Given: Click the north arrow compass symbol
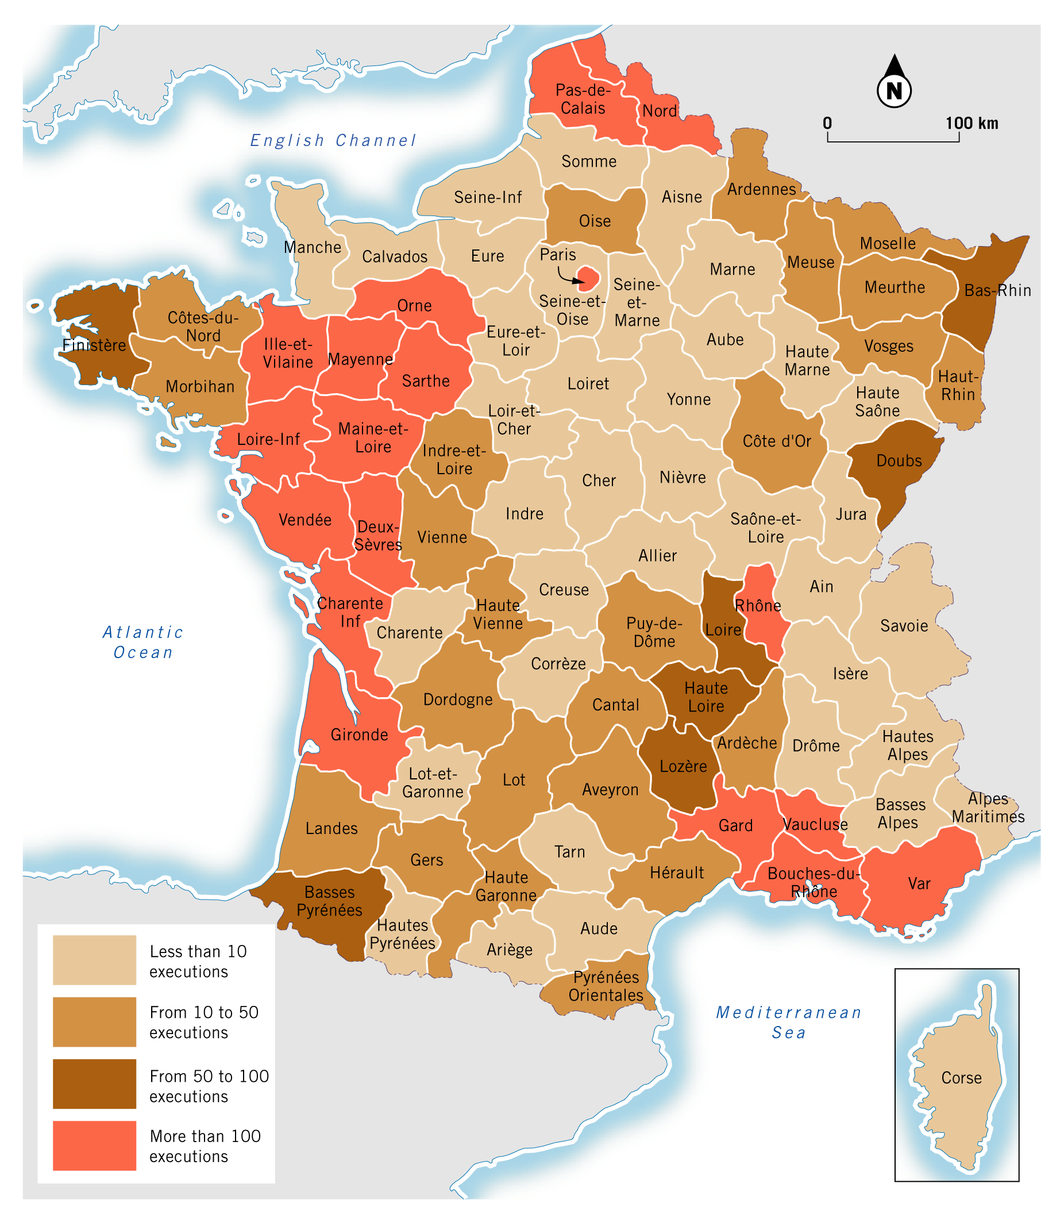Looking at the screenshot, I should [x=894, y=83].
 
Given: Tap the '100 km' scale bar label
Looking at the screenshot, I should [x=972, y=124].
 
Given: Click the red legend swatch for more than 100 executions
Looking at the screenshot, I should [x=94, y=1146].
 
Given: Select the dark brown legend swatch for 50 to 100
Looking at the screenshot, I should [x=94, y=1083].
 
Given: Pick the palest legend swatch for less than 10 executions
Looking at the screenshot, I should [x=94, y=959].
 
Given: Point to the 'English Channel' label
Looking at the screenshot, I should [x=333, y=141].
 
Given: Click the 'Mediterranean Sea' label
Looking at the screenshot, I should [x=788, y=1022].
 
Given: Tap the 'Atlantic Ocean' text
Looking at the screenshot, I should [x=143, y=641].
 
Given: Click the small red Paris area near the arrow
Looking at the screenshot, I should [x=589, y=278].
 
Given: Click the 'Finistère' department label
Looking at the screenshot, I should [x=94, y=345].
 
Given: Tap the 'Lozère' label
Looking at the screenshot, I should [x=684, y=766].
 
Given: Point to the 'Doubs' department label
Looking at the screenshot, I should [x=899, y=461].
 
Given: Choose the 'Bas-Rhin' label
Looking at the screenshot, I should [x=997, y=290].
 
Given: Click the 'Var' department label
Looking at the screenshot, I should [x=919, y=883].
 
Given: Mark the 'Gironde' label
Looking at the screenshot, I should [x=359, y=735].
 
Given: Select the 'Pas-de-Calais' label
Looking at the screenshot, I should [x=583, y=99].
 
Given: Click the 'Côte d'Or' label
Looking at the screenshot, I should [x=777, y=441].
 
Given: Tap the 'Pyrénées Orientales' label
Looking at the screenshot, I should [x=606, y=986].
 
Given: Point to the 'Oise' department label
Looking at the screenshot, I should [x=595, y=221].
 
